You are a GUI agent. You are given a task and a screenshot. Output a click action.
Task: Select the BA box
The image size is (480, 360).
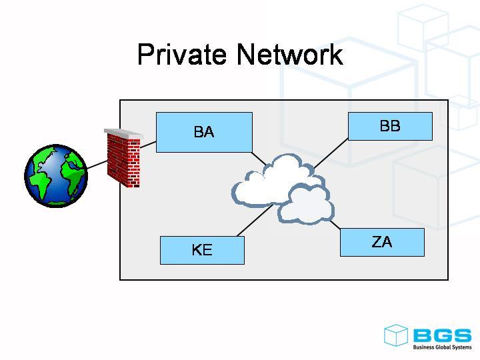(x=204, y=132)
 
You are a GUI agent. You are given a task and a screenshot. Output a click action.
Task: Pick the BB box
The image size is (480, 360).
(x=390, y=126)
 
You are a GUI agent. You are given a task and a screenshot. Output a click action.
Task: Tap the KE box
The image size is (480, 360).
(x=202, y=250)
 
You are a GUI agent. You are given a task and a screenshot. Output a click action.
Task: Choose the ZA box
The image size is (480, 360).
(x=382, y=242)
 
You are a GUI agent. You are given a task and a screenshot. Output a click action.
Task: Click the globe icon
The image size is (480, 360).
(x=56, y=175)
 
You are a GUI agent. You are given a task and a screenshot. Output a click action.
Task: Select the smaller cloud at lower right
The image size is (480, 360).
(x=307, y=205)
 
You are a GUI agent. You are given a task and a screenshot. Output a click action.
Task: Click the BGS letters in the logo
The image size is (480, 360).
(x=441, y=335)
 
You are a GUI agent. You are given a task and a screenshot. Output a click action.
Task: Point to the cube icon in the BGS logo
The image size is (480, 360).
(x=395, y=335)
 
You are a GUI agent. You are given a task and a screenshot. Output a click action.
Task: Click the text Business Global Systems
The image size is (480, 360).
(x=442, y=347)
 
